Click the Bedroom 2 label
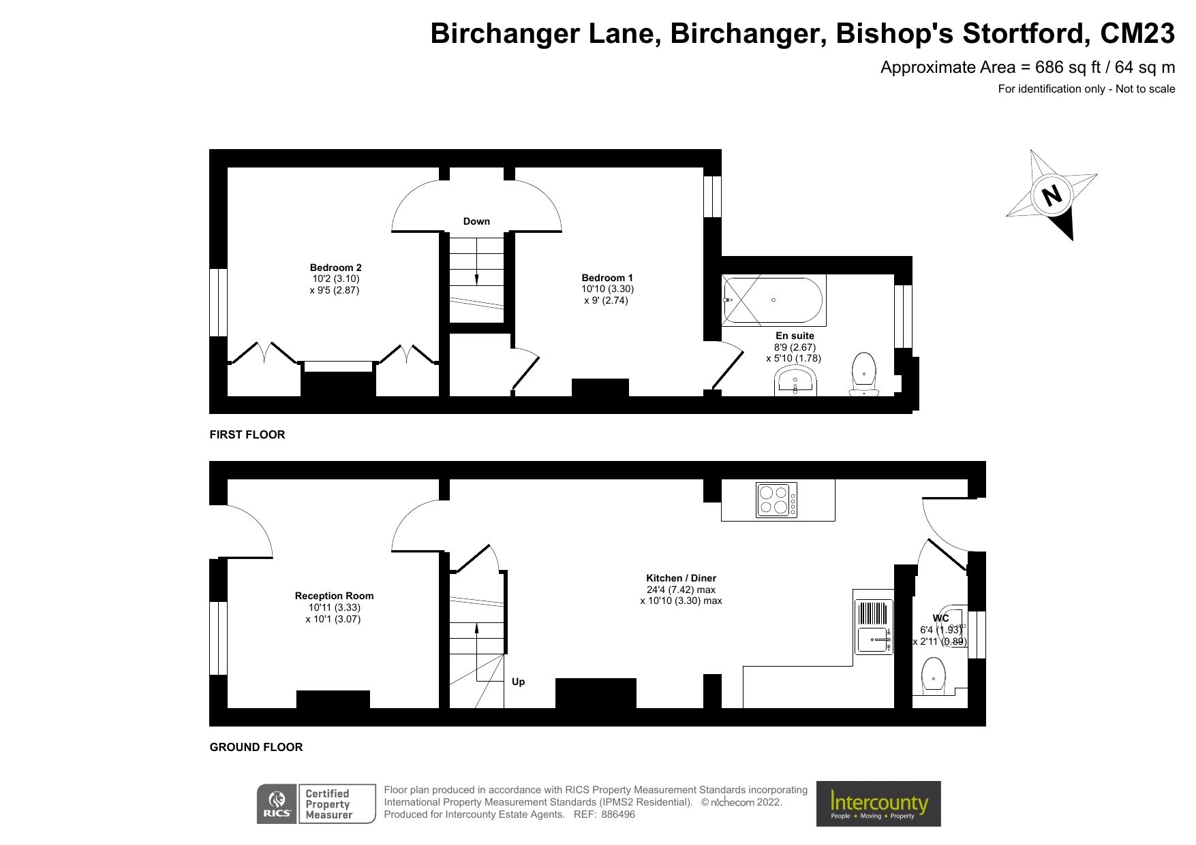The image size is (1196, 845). click(335, 268)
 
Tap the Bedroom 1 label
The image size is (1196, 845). click(607, 278)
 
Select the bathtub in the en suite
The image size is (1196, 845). click(773, 300)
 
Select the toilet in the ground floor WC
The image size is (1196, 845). click(933, 676)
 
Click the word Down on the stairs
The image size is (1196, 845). click(476, 221)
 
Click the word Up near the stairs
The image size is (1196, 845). click(518, 682)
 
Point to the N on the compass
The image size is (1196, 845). click(1052, 196)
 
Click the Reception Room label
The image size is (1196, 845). click(334, 596)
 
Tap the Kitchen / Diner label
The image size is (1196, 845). click(681, 578)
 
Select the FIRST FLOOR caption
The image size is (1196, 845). click(247, 434)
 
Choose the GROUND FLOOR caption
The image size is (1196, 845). click(256, 747)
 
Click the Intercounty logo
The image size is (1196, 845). click(878, 803)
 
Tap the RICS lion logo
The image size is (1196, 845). click(276, 804)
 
